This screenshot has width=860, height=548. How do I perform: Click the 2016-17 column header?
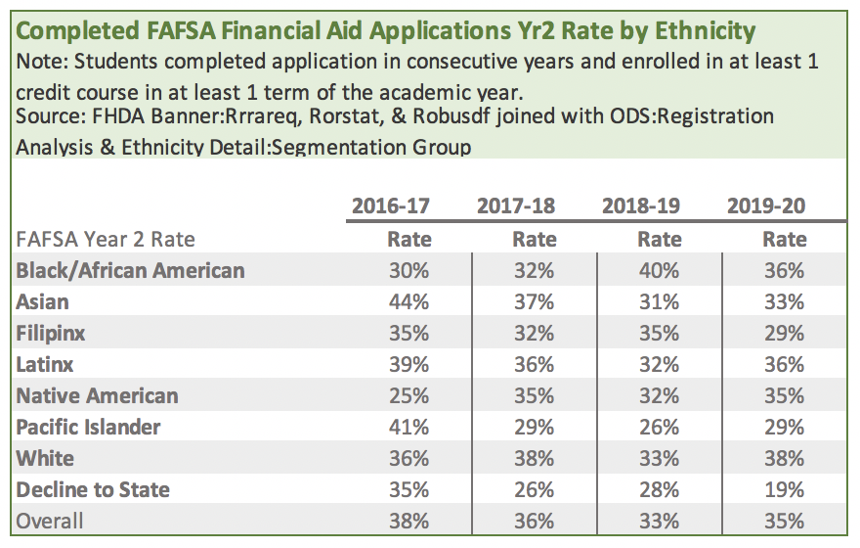(x=390, y=206)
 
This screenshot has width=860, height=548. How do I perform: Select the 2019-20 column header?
(x=766, y=206)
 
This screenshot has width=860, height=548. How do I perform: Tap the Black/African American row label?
(x=130, y=270)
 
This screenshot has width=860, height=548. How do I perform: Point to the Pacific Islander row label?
(x=88, y=427)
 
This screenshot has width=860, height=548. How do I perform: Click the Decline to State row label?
(x=93, y=489)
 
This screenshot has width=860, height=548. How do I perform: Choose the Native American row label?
(x=97, y=395)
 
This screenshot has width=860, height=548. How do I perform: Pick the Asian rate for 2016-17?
(x=408, y=301)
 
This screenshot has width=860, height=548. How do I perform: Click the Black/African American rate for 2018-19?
(x=659, y=270)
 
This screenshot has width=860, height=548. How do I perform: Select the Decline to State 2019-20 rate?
(x=785, y=489)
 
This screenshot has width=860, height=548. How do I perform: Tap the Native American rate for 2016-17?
(x=408, y=395)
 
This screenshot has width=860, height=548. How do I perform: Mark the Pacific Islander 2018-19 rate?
(x=659, y=427)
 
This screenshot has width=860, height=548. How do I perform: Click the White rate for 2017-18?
(x=534, y=458)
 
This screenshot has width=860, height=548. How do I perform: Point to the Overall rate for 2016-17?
(x=408, y=521)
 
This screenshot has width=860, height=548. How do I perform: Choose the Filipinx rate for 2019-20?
(x=785, y=333)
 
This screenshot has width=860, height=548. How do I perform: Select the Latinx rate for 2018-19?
(x=659, y=364)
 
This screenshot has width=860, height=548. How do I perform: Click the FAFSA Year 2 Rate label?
(x=105, y=239)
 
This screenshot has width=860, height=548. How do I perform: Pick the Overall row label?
(x=50, y=521)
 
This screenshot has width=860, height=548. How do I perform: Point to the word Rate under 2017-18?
(x=534, y=239)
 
